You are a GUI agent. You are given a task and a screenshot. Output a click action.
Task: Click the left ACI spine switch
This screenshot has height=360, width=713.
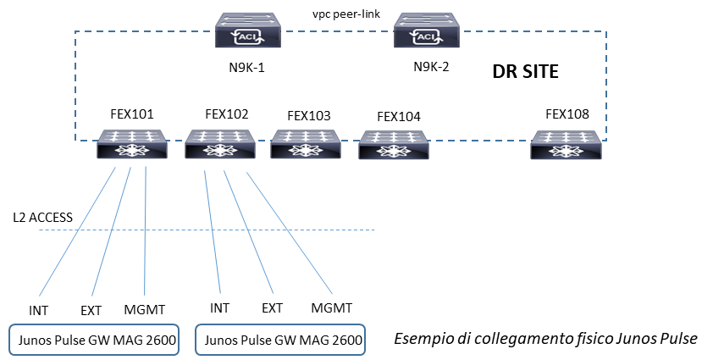(247, 30)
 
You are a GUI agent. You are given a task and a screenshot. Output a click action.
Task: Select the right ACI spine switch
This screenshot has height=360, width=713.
(427, 30)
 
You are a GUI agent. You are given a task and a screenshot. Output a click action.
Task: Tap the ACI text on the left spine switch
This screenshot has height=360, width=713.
(248, 37)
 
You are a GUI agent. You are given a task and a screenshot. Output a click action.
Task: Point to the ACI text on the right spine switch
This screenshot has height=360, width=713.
(427, 37)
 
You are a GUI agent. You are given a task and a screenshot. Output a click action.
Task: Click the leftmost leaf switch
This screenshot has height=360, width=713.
(131, 144)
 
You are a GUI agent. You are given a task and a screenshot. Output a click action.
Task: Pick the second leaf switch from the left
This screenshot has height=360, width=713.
(220, 144)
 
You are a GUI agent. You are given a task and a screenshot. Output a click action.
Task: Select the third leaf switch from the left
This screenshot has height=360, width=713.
(306, 144)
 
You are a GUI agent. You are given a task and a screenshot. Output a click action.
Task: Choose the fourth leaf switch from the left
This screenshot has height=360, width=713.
(393, 145)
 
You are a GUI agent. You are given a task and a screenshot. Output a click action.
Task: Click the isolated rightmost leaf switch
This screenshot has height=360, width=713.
(566, 145)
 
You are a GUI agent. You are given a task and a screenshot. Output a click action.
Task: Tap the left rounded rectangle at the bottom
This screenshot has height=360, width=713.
(94, 340)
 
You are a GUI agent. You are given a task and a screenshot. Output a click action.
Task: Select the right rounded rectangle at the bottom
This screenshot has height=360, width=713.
(280, 340)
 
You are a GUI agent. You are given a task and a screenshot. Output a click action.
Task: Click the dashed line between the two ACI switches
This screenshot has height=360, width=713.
(337, 32)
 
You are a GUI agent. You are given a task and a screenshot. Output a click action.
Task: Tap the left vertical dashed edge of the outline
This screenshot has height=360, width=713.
(75, 85)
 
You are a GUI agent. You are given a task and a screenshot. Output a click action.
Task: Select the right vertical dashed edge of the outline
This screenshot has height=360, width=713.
(606, 85)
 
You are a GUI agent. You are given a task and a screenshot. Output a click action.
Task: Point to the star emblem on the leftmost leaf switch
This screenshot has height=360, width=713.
(131, 151)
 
